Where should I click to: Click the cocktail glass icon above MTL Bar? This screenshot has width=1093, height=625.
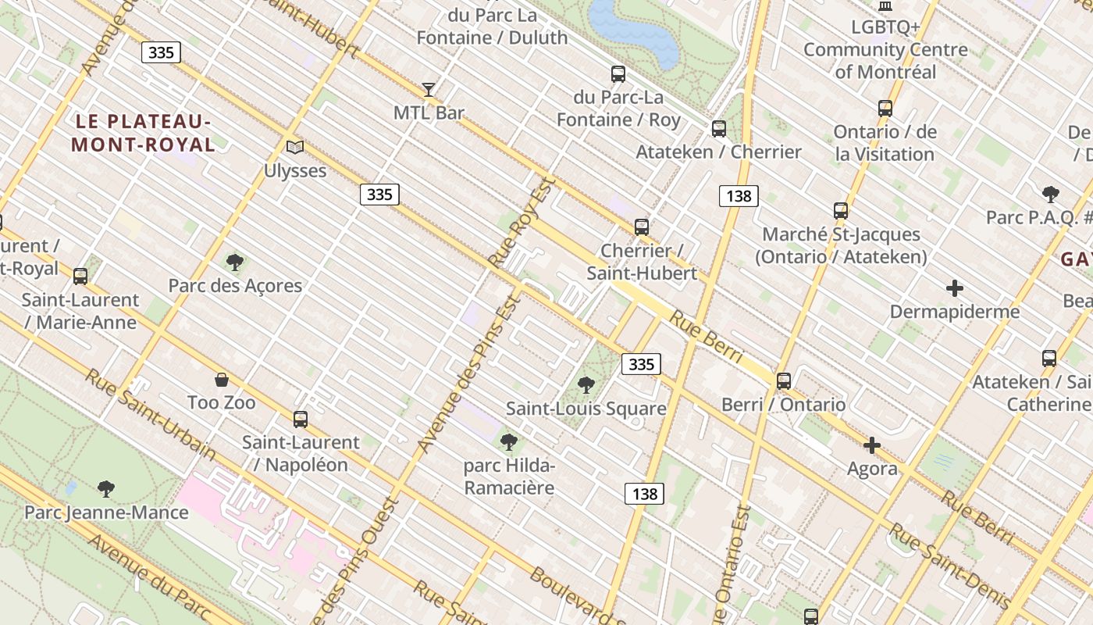coord(429,89)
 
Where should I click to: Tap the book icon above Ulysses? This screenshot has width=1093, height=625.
coord(294,147)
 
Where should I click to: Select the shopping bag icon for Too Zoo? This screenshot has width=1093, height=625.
coord(222,380)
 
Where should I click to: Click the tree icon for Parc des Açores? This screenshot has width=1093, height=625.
coord(234,262)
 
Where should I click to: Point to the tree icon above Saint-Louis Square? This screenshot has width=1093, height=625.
coord(586,384)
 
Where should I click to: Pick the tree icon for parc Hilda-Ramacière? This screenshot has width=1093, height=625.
coord(509,442)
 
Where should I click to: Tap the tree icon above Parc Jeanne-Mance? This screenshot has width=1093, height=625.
coord(106,489)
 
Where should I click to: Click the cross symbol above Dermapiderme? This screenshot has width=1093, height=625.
coord(954,288)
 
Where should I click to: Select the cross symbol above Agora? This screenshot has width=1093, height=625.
coord(872,445)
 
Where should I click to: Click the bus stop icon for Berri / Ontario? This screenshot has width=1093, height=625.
coord(783,381)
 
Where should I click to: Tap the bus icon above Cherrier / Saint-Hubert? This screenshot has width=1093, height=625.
coord(641,227)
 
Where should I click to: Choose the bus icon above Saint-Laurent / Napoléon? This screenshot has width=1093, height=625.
coord(301,419)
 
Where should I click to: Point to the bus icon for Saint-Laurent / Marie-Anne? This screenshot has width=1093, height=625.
coord(80,276)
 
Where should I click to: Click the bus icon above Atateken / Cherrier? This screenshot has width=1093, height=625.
coord(719,129)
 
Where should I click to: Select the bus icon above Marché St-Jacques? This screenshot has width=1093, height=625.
coord(840,211)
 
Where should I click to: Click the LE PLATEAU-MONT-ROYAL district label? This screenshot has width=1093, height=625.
coord(143,133)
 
